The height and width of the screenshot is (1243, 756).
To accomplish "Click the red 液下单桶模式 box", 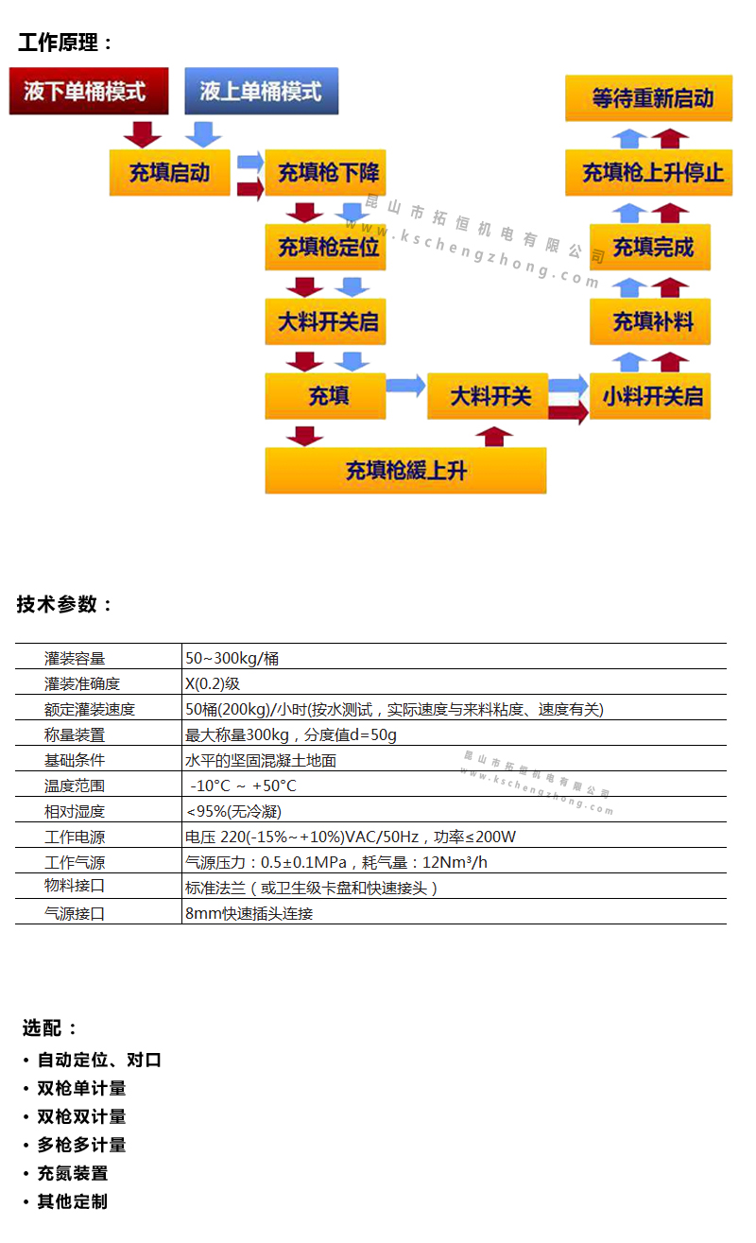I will point(89,92).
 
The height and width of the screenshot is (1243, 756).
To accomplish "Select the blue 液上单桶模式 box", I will point(261,92).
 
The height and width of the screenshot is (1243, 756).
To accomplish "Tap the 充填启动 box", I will point(169,172).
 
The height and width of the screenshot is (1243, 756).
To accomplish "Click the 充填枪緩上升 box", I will point(405,470).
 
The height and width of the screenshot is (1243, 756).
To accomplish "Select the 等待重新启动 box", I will point(649,98).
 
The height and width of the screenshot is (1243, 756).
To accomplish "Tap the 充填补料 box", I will point(650,321).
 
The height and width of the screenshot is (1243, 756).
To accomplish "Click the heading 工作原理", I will point(65,43).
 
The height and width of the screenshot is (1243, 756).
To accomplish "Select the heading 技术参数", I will point(64,605).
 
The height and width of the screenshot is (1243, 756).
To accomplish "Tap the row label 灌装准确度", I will point(82,683).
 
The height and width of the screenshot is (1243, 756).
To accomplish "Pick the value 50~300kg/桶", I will point(232,658).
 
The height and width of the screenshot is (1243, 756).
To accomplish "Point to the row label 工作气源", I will point(75,862).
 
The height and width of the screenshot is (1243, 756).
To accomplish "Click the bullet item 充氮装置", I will point(73,1173).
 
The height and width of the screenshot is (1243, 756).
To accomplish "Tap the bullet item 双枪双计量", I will point(81,1116).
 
